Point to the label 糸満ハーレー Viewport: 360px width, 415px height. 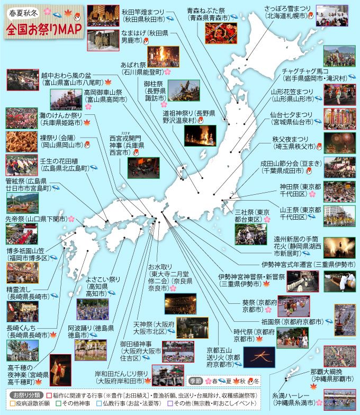(292, 395)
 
